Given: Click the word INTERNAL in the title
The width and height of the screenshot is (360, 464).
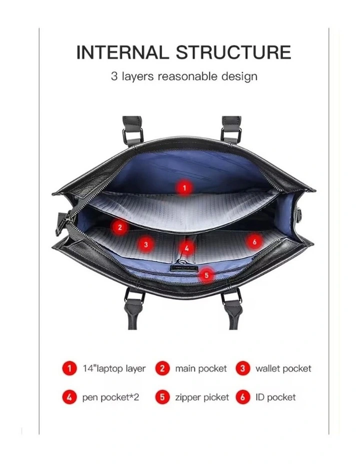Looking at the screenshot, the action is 122,52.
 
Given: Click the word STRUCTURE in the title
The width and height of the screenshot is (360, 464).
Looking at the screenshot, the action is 233,52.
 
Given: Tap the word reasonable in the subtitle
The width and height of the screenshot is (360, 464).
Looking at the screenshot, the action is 187,76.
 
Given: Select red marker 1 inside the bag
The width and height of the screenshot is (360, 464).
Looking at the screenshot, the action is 184,188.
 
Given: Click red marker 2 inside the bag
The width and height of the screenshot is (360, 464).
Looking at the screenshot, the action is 119,227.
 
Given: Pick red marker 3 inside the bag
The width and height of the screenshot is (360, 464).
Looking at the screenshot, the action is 145,244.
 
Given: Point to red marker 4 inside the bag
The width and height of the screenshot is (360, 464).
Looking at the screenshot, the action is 186,248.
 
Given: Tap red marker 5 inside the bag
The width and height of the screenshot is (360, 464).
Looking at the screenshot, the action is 206,275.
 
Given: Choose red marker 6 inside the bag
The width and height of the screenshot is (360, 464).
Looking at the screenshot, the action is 254,242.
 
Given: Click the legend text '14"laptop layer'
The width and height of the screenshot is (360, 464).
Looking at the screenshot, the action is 114,368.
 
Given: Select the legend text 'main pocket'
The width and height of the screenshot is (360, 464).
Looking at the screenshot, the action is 201,368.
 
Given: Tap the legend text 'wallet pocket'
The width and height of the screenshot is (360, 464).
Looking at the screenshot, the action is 283,368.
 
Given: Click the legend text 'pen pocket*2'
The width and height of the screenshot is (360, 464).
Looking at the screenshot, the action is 110,397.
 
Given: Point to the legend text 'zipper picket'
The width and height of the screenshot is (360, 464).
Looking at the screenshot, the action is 202,397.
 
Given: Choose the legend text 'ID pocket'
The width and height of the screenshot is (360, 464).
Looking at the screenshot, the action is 275,397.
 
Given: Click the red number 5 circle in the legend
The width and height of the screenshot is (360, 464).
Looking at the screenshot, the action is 162,397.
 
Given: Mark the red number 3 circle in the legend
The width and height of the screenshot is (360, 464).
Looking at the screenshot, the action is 243,368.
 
